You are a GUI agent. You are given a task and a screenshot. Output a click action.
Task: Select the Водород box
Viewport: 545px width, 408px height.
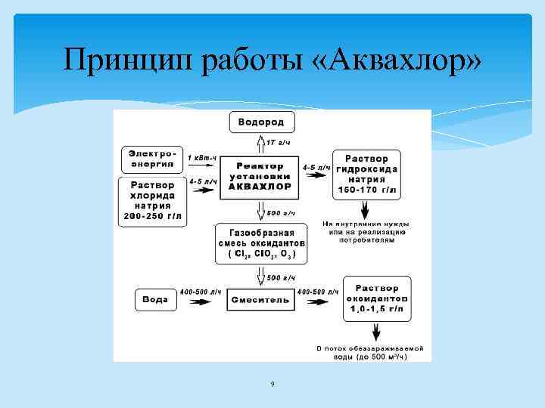[261, 122]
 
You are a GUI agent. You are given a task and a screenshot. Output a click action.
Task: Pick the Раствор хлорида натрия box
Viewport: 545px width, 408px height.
[152, 200]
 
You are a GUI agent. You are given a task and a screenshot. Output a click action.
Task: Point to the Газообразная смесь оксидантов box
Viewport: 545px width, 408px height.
[261, 243]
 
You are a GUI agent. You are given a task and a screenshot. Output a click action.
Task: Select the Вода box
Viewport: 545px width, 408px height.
[156, 299]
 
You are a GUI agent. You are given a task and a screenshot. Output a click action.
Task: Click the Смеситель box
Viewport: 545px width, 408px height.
[259, 299]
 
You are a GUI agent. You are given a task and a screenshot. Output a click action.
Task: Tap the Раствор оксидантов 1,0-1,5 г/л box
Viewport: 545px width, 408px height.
[377, 298]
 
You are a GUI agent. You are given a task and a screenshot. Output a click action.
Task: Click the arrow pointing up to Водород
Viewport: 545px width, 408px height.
[260, 143]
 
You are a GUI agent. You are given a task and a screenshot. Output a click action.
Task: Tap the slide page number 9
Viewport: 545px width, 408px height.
[272, 385]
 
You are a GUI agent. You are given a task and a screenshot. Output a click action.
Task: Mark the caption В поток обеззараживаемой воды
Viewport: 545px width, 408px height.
[370, 352]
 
